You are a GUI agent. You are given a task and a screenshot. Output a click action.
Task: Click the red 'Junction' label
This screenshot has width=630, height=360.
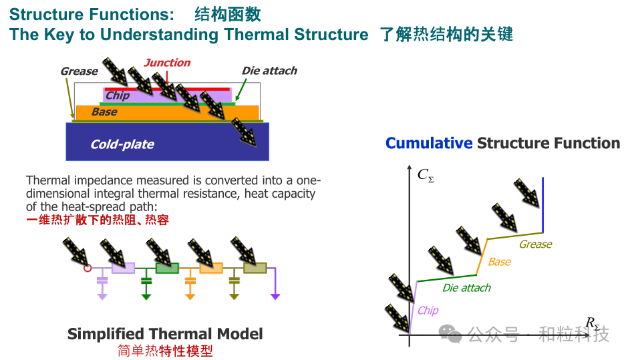(168, 63)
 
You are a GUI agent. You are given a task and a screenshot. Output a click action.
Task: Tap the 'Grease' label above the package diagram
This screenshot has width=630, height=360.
(79, 71)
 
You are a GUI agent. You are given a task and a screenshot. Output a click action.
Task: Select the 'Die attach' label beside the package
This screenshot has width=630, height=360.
(269, 71)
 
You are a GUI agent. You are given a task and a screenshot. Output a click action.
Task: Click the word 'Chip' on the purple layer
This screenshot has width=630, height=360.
(118, 96)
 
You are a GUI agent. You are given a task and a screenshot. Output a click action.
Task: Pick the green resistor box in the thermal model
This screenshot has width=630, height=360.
(166, 268)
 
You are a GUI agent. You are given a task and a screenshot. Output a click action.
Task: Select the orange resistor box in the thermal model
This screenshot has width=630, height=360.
(210, 268)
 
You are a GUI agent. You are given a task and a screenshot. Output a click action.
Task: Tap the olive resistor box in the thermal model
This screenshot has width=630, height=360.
(255, 268)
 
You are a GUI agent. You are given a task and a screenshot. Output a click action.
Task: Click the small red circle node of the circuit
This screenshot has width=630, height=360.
(88, 268)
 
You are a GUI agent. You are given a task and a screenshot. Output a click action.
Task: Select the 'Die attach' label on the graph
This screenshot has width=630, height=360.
(466, 288)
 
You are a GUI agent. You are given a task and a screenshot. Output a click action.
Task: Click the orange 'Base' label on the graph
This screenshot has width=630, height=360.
(499, 262)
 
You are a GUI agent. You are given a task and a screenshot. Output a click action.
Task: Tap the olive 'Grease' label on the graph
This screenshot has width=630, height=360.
(535, 244)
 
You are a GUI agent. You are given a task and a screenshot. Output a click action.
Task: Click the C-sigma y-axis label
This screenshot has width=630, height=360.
(425, 175)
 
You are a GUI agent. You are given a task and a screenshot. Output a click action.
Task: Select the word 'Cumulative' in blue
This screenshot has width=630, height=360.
(428, 143)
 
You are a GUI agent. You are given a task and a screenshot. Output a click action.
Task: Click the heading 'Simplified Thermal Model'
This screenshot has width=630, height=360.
(165, 334)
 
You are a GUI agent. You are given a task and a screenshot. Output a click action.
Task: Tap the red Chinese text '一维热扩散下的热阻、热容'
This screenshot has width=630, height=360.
(98, 219)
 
